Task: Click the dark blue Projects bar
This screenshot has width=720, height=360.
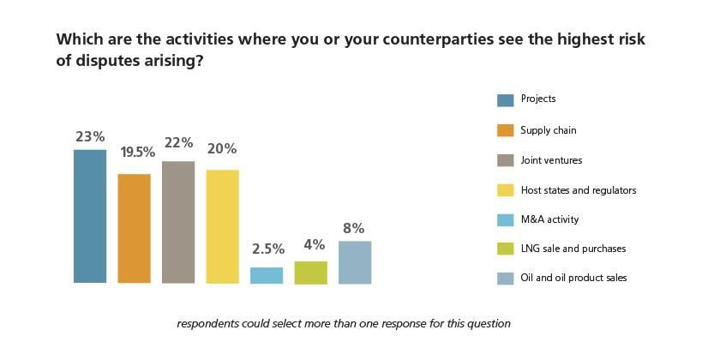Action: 90,216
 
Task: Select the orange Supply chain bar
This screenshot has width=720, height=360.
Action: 134,228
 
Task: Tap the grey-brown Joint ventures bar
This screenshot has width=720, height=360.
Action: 178,222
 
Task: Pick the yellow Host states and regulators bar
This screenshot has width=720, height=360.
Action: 222,226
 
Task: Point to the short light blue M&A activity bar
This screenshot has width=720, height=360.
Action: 267,275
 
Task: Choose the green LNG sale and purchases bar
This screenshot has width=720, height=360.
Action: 310,272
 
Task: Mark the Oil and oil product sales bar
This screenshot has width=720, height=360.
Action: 355,262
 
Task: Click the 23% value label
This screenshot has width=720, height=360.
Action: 90,136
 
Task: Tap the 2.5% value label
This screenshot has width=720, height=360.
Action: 267,249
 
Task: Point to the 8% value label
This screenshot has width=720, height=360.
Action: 354,228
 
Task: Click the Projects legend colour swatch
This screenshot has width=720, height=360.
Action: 505,100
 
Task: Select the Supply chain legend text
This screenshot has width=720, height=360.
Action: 549,130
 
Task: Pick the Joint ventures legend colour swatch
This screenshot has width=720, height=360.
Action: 505,160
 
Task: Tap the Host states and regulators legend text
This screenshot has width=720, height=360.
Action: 579,189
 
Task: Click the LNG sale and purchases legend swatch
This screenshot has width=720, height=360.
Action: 505,249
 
